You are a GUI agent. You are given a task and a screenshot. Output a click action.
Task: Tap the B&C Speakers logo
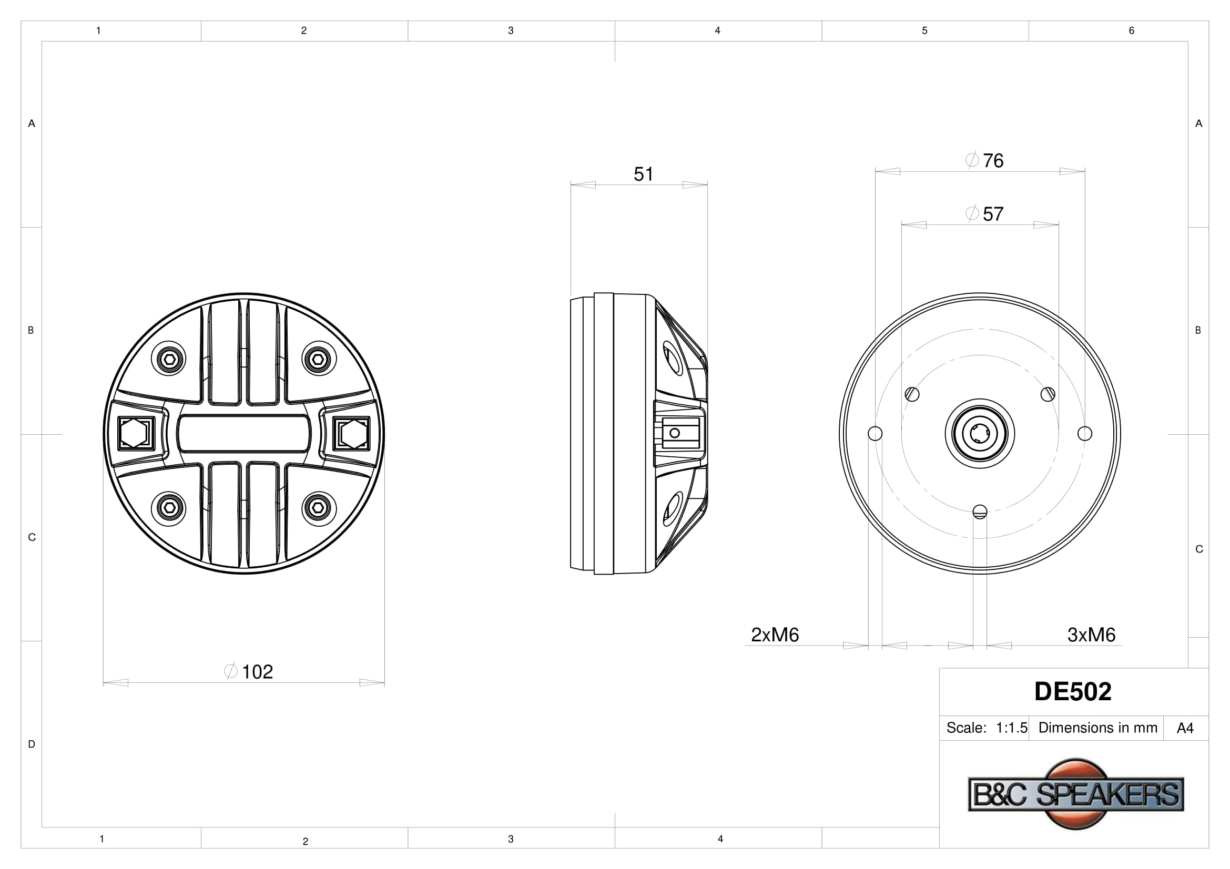coord(1076,793)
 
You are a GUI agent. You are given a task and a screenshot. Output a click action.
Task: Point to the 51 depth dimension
coord(643,174)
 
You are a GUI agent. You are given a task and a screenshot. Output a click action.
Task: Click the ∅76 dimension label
coord(984,160)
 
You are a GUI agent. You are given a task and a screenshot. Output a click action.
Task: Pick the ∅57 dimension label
coord(984,213)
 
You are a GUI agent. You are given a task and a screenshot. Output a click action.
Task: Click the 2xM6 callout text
coord(775,635)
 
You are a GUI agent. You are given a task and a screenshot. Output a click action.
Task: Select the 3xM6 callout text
coord(1091,635)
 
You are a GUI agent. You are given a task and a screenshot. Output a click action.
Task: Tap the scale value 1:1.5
coord(1011,728)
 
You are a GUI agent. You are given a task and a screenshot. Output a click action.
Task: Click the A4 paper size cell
coord(1185,728)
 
